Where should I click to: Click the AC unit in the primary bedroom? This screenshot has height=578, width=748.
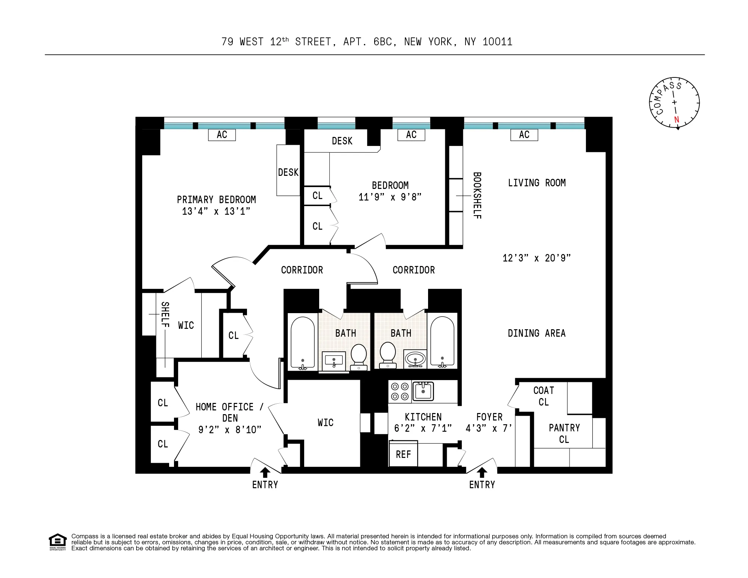222,135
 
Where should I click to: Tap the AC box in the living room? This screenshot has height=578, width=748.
524,135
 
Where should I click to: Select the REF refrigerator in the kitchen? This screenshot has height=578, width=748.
403,454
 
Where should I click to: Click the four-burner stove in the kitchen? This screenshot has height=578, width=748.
400,391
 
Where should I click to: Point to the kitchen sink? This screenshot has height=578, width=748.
423,391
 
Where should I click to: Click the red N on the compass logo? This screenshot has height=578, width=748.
676,120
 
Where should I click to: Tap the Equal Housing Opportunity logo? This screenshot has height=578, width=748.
58,542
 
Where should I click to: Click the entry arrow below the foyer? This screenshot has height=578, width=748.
482,473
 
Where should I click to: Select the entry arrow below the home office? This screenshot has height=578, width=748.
265,473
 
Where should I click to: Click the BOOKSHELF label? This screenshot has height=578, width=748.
477,195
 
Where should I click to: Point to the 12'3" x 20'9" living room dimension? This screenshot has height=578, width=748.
536,258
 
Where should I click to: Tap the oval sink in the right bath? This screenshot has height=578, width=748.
415,360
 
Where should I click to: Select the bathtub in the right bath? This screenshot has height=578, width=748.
442,341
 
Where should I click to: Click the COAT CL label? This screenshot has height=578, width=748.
543,396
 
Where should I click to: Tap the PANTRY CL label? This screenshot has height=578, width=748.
564,434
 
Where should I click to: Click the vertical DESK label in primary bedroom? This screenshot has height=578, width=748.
288,172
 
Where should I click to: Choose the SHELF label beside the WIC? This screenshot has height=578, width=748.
165,315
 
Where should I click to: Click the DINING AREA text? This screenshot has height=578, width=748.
536,333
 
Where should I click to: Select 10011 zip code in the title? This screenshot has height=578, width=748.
497,42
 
